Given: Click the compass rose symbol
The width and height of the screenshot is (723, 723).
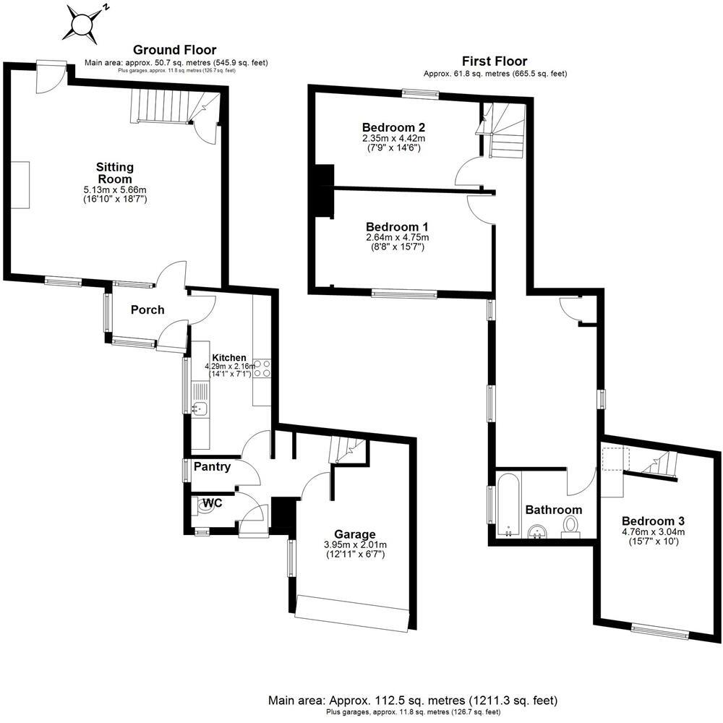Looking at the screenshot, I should coord(82,22).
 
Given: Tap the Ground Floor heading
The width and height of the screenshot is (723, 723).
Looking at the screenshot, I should coord(174,50).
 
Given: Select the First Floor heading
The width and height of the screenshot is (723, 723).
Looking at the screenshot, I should coord(495,61).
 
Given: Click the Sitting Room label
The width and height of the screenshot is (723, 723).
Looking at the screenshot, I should coord(114,173).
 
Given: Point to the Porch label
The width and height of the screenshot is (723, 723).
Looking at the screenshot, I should coord(147,310).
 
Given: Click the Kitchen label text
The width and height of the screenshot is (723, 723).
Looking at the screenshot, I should coord(229,358).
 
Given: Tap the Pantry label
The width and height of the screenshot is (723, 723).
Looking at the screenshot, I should coord(212,467).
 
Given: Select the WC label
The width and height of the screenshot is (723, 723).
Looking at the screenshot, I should coord(212,502).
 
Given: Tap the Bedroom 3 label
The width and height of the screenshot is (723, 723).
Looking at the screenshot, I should coord(653,521).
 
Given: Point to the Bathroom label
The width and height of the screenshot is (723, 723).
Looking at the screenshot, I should coord(553,510).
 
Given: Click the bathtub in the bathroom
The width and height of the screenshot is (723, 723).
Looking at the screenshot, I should coord(506,502).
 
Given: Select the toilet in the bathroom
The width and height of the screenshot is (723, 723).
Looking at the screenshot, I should coord(571,525).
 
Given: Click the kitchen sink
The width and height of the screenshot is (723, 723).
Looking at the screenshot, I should coord(200,410).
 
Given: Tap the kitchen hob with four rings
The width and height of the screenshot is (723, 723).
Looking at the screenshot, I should coord(261,369).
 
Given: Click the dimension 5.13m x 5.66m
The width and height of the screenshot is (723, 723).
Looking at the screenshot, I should coord(116,190).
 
